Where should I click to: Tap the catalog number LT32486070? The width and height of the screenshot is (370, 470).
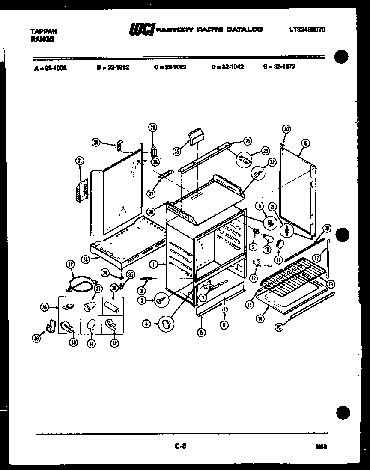(x=307, y=30)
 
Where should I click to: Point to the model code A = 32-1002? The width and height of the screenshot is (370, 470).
(x=50, y=68)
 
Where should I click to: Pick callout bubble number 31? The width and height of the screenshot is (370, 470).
(x=79, y=161)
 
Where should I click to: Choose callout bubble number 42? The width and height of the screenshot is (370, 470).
(x=114, y=342)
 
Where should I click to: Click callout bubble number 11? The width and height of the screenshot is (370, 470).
(x=279, y=259)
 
